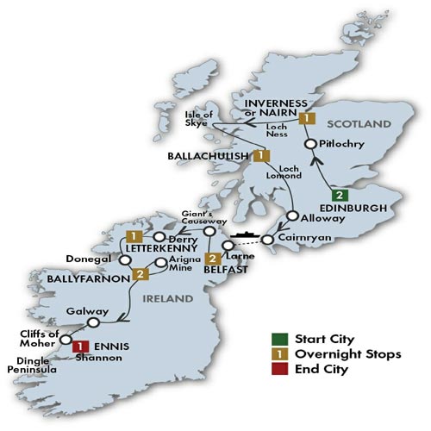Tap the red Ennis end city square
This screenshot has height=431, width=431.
point(79,347)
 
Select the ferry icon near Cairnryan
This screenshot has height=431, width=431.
point(241,232)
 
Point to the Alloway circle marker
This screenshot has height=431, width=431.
point(293,216)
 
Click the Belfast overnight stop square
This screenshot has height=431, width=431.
point(213,258)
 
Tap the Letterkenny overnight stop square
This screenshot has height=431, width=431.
point(134,235)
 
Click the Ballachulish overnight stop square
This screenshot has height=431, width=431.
point(259,155)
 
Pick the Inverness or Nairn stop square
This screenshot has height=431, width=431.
point(304,118)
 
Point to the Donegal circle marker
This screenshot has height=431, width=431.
point(126,256)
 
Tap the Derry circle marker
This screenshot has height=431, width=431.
point(160,235)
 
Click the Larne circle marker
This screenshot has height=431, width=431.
point(228,253)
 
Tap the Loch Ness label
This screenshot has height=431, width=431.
point(279,129)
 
